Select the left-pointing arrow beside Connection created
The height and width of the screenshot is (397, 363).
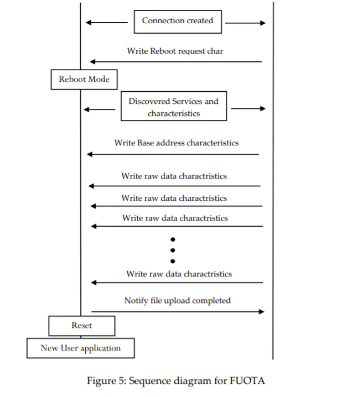(107, 23)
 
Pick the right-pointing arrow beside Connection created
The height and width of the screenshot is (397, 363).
(245, 23)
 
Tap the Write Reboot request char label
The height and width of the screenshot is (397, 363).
(175, 51)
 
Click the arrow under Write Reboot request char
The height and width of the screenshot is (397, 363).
(176, 61)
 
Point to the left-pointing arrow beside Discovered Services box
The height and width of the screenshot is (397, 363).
(99, 109)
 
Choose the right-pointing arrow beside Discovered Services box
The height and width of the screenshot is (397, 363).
(248, 108)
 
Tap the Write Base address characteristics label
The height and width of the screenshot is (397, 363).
(177, 143)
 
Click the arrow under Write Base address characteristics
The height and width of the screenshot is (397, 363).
(173, 154)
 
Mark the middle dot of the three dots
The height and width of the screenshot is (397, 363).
(173, 250)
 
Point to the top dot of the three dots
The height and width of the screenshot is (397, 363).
(173, 239)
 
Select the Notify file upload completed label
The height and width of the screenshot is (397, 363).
(177, 301)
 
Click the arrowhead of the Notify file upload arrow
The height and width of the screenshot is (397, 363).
(262, 312)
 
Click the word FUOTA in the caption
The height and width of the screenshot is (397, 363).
(247, 381)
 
